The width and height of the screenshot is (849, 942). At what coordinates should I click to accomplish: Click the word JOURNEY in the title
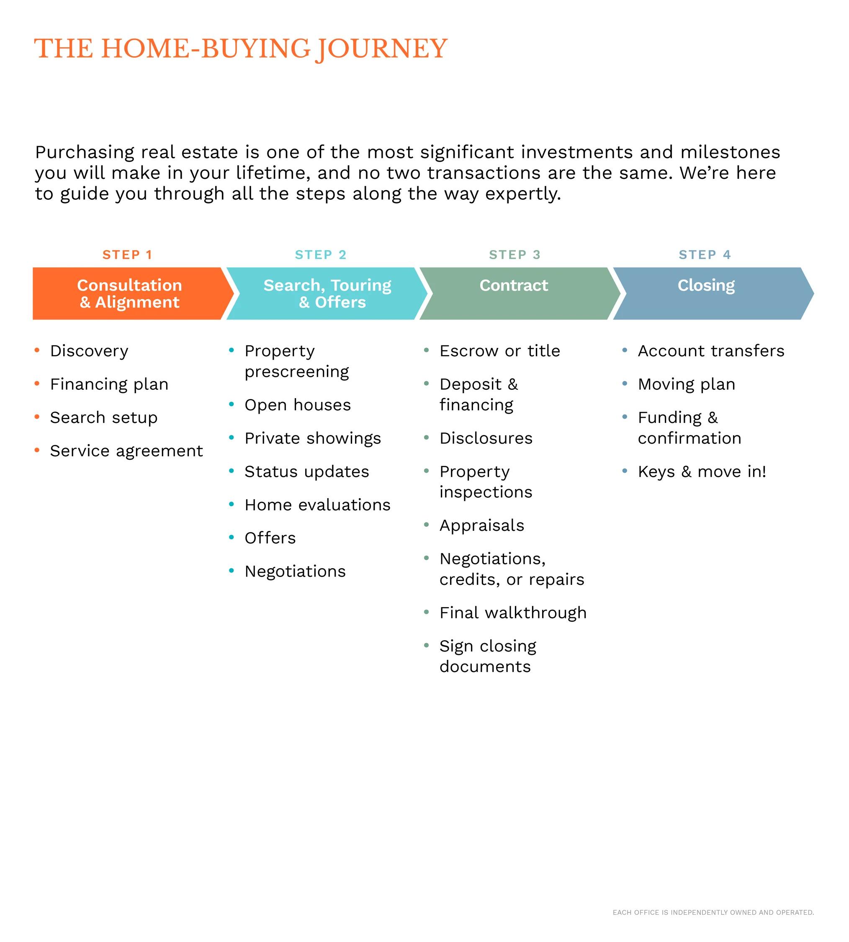coord(381,49)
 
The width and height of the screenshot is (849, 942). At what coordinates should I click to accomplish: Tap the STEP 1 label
coord(127,255)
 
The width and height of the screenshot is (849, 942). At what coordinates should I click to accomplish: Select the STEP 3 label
coord(515,255)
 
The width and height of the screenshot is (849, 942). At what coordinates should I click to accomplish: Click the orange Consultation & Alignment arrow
coord(129,293)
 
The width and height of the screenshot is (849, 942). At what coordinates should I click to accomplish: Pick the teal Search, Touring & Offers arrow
coord(327,293)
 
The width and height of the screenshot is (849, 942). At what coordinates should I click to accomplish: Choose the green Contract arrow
coord(514,293)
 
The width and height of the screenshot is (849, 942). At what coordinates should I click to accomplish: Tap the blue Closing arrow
coord(706,293)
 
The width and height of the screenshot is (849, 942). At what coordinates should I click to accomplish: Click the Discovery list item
coord(89,351)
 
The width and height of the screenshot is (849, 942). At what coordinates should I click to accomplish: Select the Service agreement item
coord(126,451)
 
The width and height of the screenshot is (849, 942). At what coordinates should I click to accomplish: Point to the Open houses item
coord(298,405)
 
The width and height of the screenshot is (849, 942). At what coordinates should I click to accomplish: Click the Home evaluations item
coord(317,505)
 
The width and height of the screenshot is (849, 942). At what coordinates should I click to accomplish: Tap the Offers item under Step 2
coord(270,538)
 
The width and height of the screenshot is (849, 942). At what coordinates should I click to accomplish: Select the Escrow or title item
coord(499,351)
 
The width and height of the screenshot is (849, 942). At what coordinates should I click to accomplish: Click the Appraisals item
coord(482,525)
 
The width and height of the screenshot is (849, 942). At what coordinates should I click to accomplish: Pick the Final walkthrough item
coord(513,613)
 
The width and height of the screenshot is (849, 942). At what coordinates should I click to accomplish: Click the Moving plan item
coord(686,384)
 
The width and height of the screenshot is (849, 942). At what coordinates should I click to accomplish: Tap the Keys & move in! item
coord(702,472)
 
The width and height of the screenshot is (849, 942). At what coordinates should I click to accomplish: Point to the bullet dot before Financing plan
coord(37,383)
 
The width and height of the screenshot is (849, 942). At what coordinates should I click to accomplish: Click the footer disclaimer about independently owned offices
coord(713,912)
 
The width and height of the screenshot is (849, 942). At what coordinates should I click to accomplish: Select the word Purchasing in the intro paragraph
coord(78,152)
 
